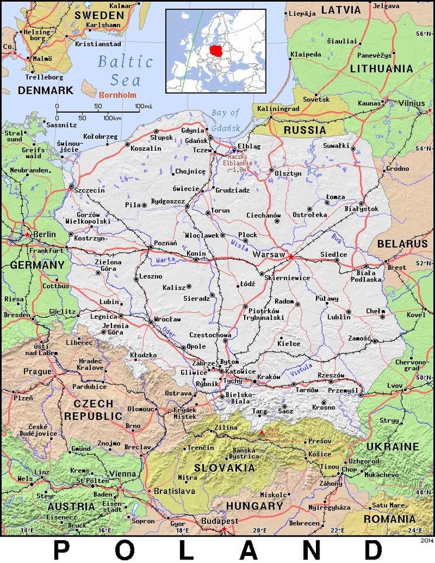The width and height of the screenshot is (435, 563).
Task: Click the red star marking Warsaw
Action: click(x=291, y=256)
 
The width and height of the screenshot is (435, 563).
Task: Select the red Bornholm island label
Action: click(x=118, y=95)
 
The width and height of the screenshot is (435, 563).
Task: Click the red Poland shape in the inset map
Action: click(x=218, y=50)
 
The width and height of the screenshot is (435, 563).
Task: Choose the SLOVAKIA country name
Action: click(x=225, y=468)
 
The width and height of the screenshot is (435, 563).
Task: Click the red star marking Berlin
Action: click(x=27, y=234)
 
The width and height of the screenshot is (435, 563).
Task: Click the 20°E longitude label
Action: click(x=259, y=530)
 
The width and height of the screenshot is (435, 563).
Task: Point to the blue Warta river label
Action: click(x=166, y=260)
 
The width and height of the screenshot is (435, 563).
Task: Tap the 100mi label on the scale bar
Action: click(x=144, y=106)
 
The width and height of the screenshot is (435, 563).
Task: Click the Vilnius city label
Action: click(x=412, y=103)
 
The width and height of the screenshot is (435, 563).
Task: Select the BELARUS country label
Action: click(x=402, y=244)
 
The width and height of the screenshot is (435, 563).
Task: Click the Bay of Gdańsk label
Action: click(x=225, y=117)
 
